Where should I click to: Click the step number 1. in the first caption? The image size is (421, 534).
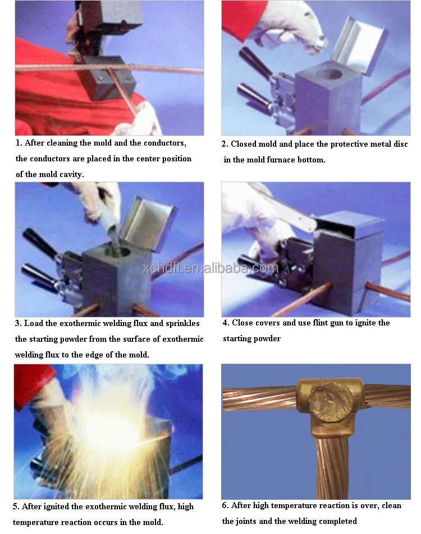19,143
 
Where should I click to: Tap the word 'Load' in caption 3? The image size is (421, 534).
34,324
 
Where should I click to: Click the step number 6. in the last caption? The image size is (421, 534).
226,505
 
